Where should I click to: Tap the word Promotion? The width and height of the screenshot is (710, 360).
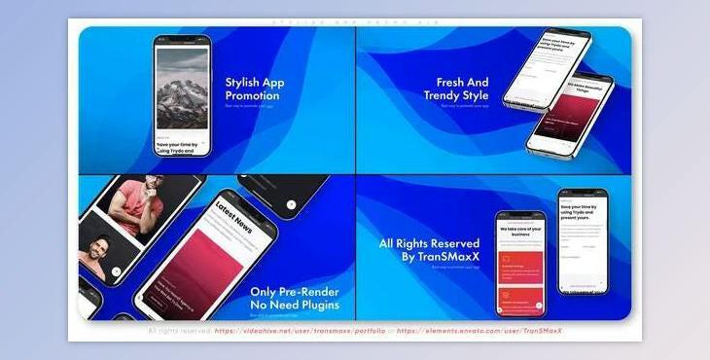click(x=252, y=96)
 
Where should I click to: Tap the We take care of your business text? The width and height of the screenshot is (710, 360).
click(x=519, y=230)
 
